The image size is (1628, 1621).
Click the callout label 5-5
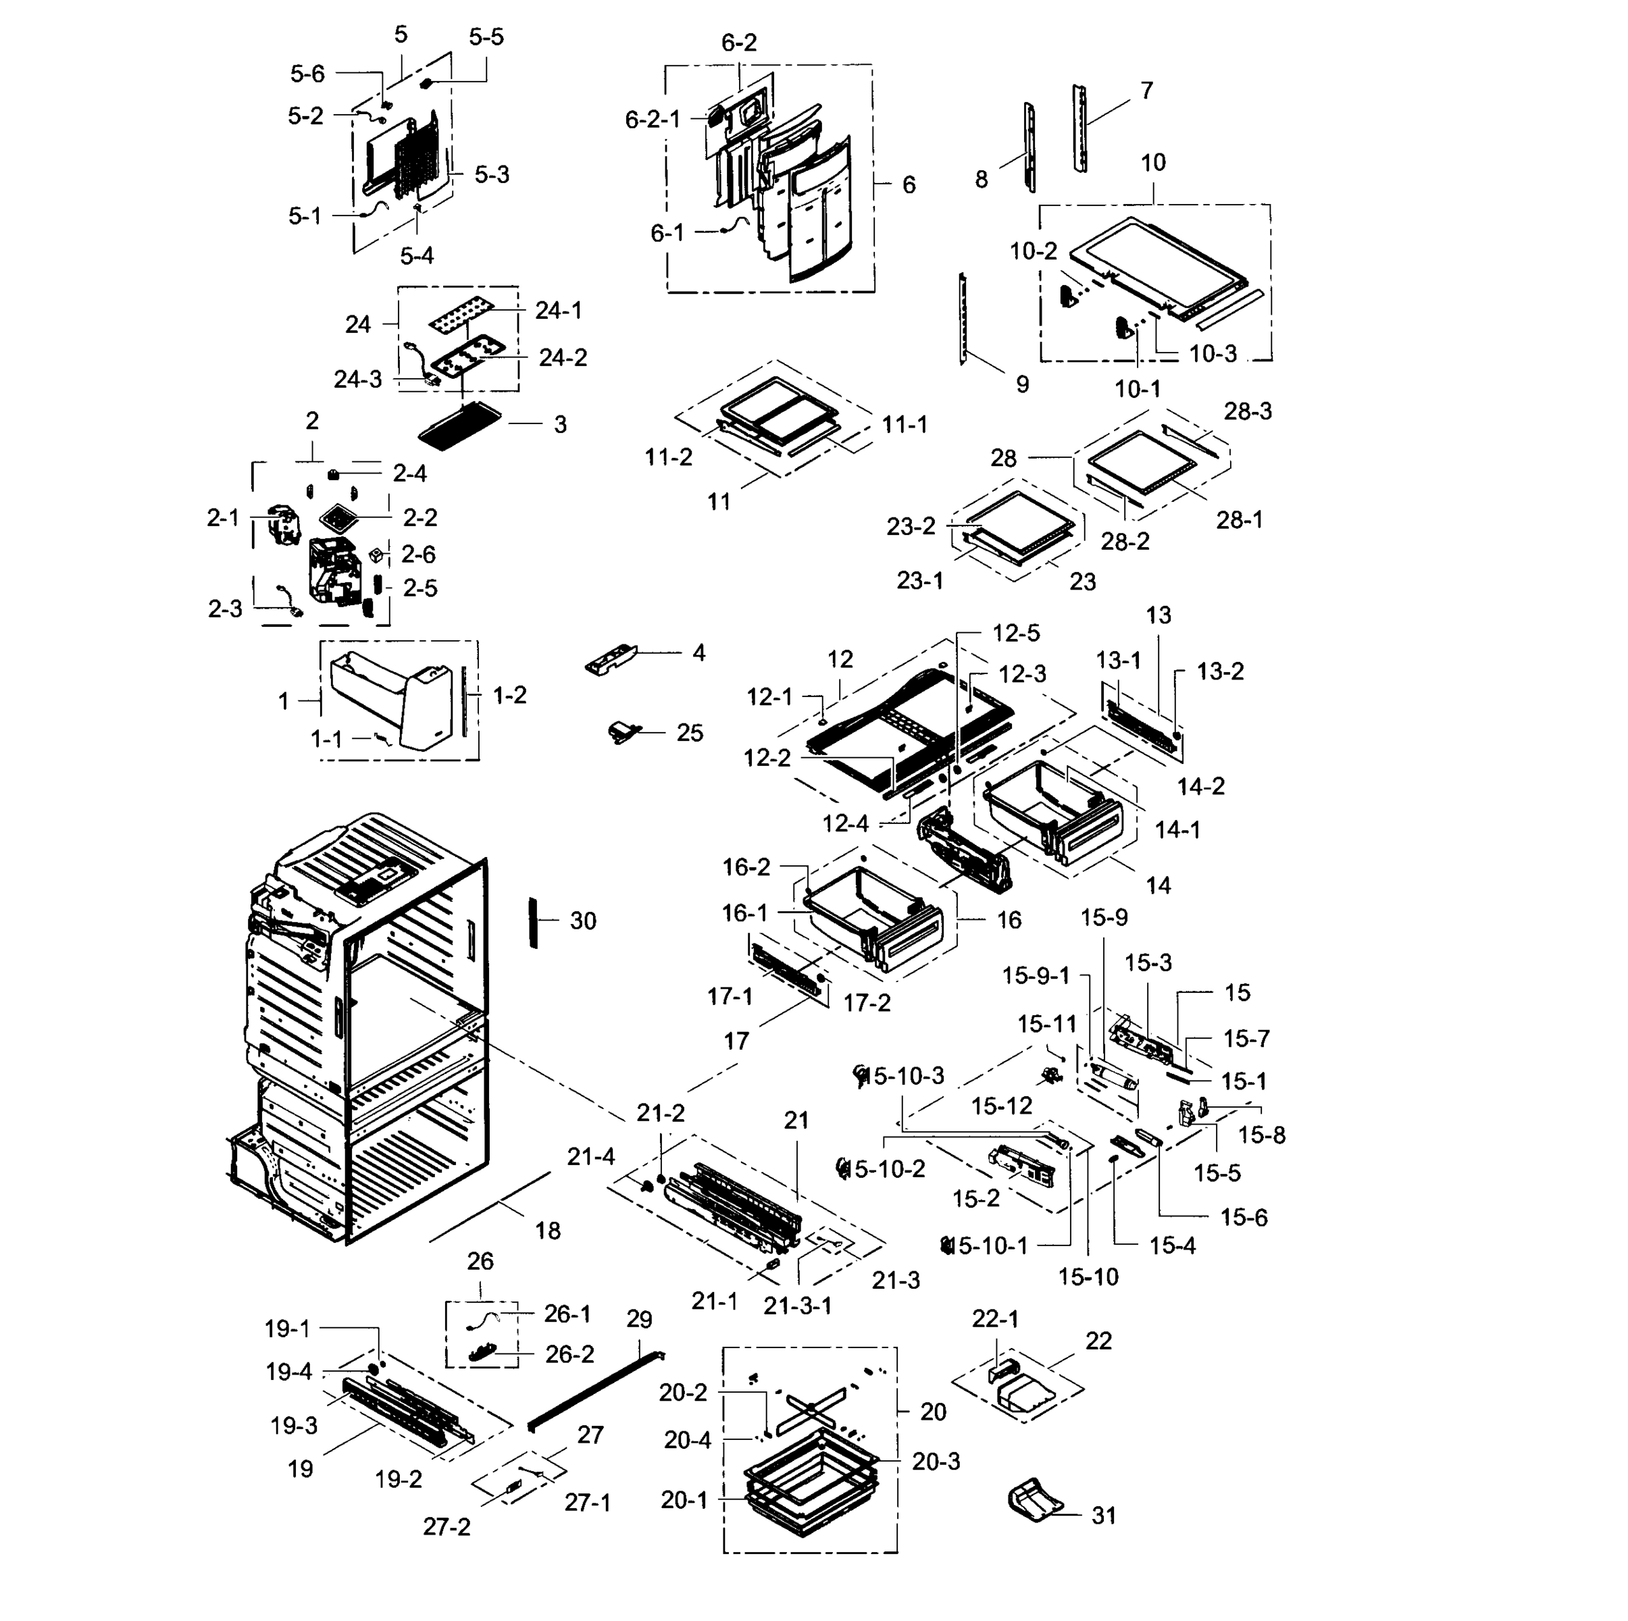pos(486,37)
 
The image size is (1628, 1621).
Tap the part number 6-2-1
pos(653,120)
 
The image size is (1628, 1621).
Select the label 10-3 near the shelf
pos(1213,354)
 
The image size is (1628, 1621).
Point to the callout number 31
pos(1104,1516)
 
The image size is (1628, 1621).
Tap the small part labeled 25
pos(624,732)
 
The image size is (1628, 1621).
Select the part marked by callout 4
pos(611,658)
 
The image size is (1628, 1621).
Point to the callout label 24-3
pos(358,380)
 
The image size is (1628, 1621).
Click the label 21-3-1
pos(797,1306)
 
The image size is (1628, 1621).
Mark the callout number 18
pos(548,1231)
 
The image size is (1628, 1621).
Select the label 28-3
pos(1248,411)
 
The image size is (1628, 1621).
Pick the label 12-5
pos(1015,633)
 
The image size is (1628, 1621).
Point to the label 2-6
pos(418,555)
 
